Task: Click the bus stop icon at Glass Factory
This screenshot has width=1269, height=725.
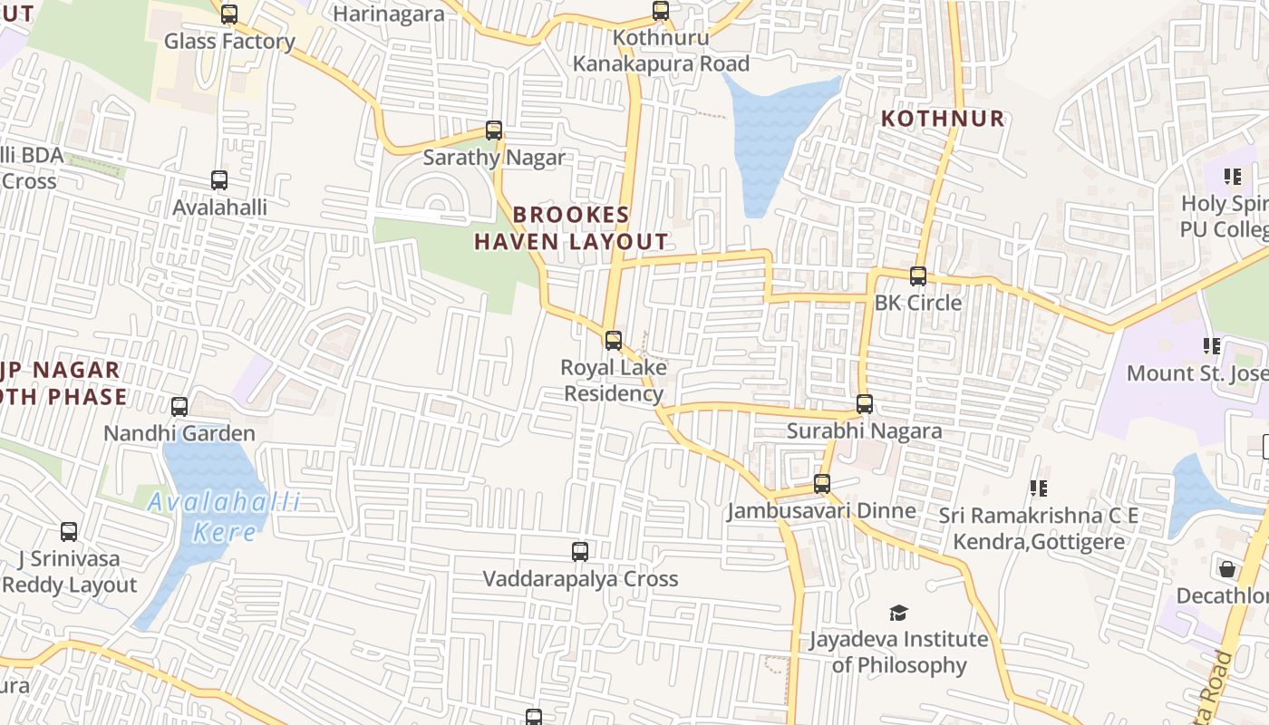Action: (229, 14)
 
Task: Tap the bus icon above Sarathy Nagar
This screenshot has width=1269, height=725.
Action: (494, 130)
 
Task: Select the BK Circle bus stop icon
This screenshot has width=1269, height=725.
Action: (918, 276)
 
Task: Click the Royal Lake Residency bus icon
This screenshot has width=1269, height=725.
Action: (614, 341)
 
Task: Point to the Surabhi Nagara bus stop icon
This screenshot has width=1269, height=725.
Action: (865, 404)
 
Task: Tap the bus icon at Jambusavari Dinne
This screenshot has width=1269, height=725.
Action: (822, 484)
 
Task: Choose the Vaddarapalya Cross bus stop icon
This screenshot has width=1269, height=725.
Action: (580, 552)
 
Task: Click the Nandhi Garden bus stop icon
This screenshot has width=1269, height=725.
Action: (179, 407)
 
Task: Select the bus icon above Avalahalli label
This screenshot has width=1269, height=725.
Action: (219, 180)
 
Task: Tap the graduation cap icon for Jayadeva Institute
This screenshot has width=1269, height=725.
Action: (898, 613)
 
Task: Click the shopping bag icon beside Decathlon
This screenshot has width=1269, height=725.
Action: (1227, 569)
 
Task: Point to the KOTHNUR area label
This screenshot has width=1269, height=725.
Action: (943, 119)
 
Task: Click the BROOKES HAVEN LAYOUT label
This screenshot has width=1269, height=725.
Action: (571, 228)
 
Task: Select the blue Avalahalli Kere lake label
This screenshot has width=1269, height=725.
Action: (224, 517)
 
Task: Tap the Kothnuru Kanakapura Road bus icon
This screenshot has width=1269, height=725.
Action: (661, 11)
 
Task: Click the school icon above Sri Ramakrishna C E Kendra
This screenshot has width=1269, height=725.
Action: (1039, 488)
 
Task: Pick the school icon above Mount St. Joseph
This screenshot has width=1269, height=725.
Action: (1211, 345)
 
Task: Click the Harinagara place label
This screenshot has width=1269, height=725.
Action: (389, 14)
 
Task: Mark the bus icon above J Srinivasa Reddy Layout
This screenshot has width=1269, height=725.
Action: (69, 532)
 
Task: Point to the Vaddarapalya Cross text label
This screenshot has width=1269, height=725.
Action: (580, 579)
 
